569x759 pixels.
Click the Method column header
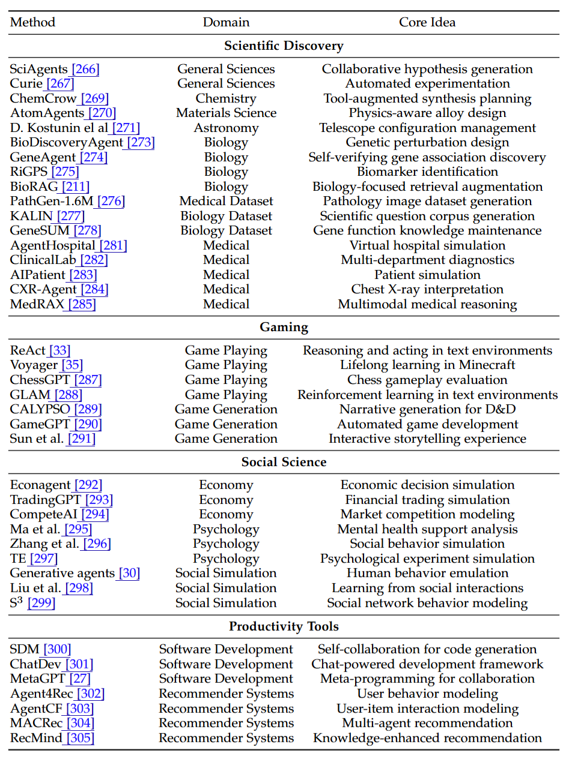32,23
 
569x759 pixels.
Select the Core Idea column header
427,23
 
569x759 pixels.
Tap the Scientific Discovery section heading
284,46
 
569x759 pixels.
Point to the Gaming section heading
284,328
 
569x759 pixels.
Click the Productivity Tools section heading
284,627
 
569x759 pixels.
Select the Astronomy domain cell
226,128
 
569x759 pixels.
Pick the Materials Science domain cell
226,113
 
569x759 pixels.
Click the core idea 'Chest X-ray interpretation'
427,290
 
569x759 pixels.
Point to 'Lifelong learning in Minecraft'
427,365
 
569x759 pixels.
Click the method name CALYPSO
40,410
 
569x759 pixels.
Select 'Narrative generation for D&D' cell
427,410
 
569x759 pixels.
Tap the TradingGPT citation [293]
99,500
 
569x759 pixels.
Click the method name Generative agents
62,574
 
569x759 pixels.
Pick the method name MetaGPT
38,679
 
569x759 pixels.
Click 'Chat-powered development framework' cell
427,665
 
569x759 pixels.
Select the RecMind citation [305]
80,739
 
